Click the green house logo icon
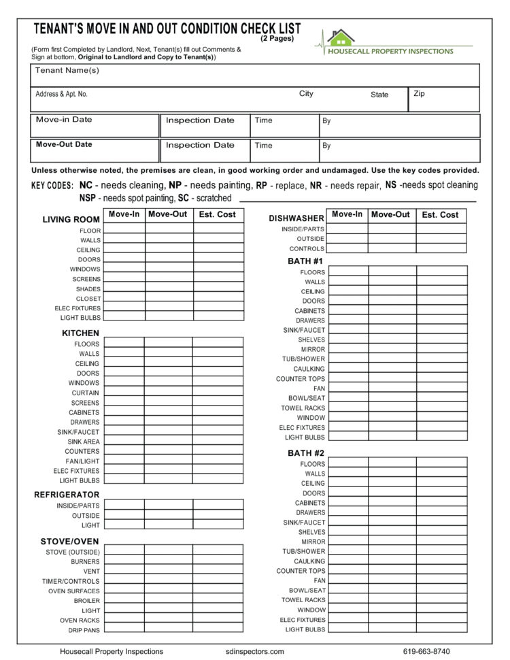click(341, 37)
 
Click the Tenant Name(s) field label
click(67, 71)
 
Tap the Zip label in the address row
click(419, 94)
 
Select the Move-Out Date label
click(64, 144)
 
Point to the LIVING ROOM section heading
click(71, 220)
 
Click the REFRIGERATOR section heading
click(67, 495)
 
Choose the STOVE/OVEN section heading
click(69, 542)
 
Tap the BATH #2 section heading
click(306, 453)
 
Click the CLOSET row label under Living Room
click(88, 299)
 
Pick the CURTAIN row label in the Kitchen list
click(86, 393)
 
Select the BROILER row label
click(87, 601)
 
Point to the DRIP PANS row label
click(84, 630)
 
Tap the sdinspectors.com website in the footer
click(254, 651)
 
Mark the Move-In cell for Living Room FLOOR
click(124, 229)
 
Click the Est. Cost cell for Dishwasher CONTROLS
click(441, 248)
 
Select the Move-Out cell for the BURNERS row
click(168, 561)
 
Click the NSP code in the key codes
click(87, 198)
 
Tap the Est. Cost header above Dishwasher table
click(440, 214)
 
